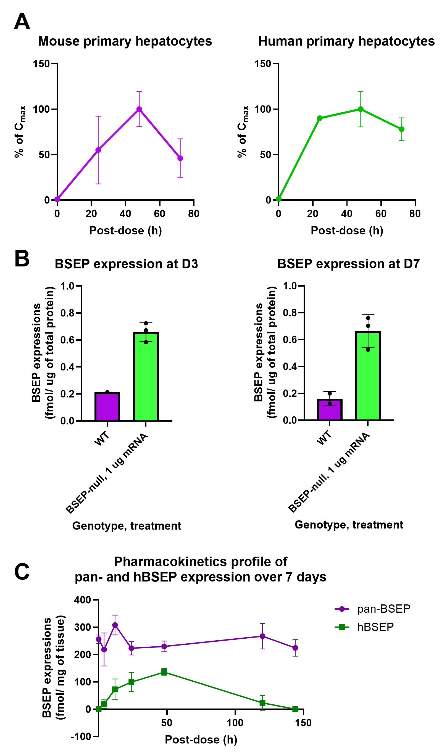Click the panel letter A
[x=22, y=22]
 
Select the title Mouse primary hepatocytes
[x=125, y=41]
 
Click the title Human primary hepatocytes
[x=346, y=41]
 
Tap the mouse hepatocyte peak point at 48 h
[x=139, y=109]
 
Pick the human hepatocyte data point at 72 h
[x=401, y=129]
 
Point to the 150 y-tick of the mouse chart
[x=41, y=64]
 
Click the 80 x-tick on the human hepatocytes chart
[x=415, y=214]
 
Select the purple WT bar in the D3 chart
[x=107, y=407]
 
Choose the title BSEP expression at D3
[x=126, y=264]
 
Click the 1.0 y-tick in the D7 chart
[x=290, y=286]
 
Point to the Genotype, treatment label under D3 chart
[x=127, y=526]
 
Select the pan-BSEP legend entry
[x=373, y=609]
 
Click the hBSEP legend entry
[x=364, y=627]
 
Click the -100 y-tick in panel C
[x=81, y=737]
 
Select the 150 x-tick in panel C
[x=303, y=723]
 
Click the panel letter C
[x=22, y=572]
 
